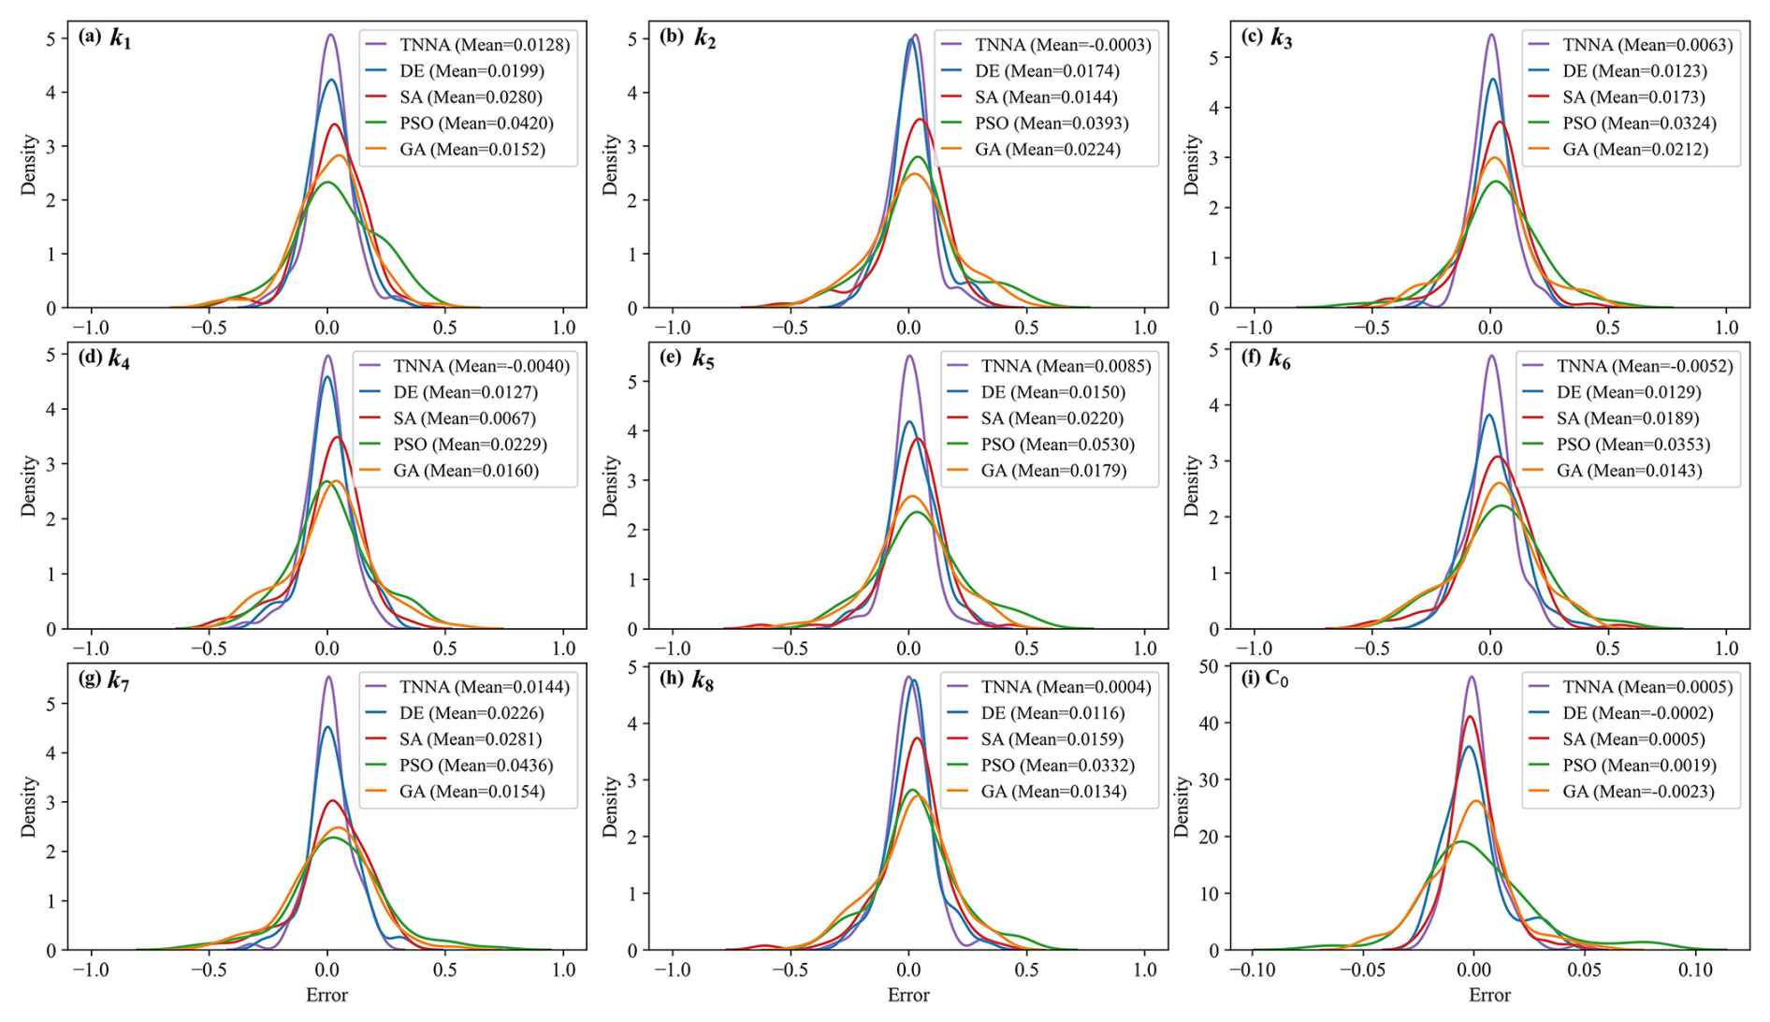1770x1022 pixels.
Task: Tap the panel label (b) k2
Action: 687,38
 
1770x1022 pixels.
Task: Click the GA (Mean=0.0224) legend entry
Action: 1047,150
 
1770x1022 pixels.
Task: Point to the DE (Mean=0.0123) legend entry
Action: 1634,71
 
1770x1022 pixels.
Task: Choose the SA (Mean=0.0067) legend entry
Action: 464,418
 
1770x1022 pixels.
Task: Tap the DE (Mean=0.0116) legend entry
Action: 1052,713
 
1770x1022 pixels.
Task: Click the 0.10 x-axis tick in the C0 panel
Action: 1694,970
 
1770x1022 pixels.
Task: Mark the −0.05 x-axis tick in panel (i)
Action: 1361,970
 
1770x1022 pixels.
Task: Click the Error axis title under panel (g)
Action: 326,995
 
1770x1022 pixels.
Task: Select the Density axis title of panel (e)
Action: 611,486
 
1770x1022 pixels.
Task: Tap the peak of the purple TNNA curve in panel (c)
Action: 1491,36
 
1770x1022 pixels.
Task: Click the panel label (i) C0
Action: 1265,679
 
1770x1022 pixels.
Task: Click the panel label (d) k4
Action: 105,359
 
